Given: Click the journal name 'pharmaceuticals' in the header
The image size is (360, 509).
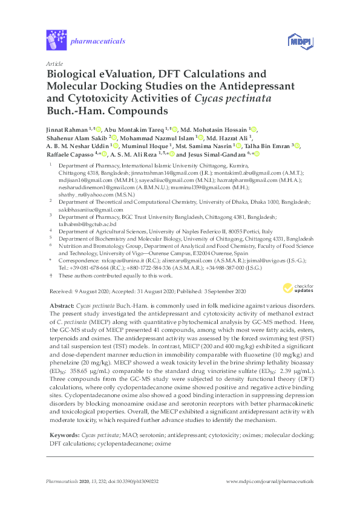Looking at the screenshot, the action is click(x=97, y=41).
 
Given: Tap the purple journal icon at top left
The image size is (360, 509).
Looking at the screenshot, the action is click(x=55, y=41).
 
